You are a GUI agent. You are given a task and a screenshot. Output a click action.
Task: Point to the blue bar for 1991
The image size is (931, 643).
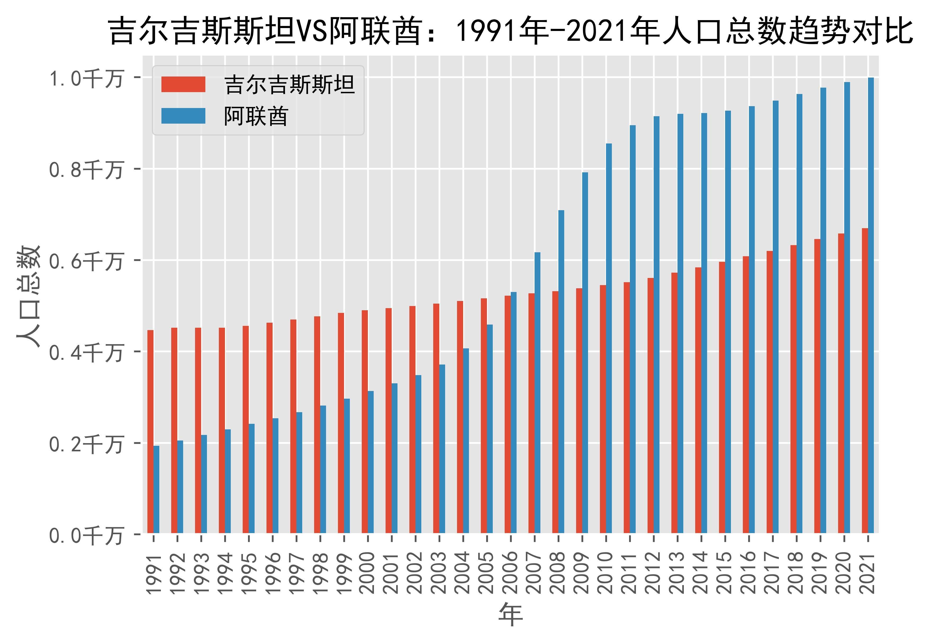click(x=156, y=489)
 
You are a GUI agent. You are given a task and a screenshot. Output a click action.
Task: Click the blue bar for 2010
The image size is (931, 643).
click(x=608, y=338)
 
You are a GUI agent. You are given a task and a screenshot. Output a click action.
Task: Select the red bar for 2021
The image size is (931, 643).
click(x=865, y=380)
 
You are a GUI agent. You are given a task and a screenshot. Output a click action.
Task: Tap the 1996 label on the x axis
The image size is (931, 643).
click(x=272, y=573)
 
